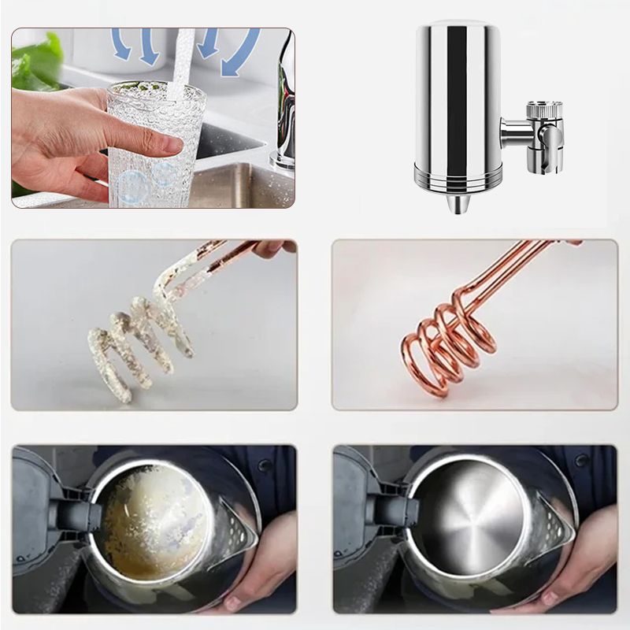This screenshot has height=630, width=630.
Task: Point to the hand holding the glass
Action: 71,134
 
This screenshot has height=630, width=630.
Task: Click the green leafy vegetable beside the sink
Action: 35,59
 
